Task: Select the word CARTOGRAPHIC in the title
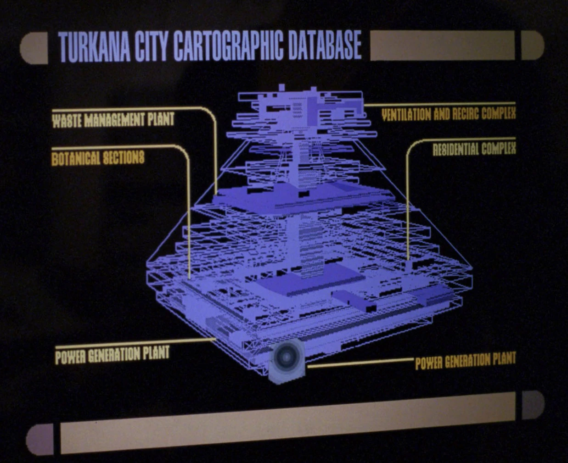(x=228, y=46)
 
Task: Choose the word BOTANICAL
(x=75, y=159)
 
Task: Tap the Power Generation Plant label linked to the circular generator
(x=465, y=361)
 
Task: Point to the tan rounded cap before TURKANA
(x=35, y=48)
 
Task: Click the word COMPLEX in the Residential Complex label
(x=498, y=149)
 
